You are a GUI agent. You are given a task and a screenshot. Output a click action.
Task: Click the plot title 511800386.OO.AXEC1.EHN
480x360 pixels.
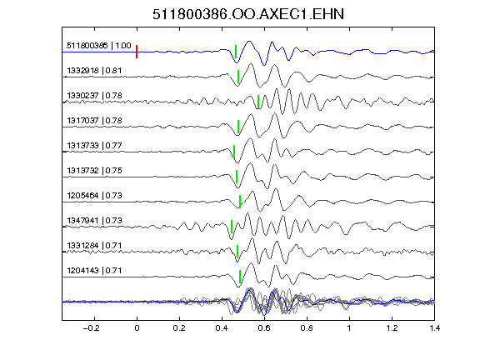click(248, 14)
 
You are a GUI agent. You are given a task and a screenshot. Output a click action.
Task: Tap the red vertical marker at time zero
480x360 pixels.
click(137, 52)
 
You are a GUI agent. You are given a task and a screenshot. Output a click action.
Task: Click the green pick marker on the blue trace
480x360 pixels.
click(236, 52)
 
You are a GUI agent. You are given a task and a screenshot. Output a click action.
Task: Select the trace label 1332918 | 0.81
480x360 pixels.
click(94, 71)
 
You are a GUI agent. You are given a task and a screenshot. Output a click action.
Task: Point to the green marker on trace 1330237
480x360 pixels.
click(258, 102)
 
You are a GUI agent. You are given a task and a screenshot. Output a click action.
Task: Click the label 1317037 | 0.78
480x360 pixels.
click(94, 121)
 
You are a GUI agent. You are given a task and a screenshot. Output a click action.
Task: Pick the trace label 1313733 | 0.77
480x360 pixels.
click(94, 146)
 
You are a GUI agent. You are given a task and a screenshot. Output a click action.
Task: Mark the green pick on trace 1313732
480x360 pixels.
click(237, 177)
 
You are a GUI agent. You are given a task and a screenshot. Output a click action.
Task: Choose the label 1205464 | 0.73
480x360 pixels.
click(94, 196)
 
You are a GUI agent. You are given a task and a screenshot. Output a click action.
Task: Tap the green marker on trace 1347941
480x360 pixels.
click(232, 227)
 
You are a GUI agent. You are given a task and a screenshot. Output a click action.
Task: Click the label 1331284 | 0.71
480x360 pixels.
click(94, 246)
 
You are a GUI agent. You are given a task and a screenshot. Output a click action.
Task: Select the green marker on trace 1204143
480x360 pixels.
click(240, 277)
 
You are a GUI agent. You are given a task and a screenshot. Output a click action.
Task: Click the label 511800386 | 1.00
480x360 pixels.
click(99, 46)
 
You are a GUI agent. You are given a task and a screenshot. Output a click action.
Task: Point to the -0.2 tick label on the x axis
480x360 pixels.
click(91, 328)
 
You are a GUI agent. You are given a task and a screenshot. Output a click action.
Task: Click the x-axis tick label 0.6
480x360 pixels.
click(264, 328)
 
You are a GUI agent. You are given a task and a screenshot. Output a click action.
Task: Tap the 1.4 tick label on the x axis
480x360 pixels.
click(434, 328)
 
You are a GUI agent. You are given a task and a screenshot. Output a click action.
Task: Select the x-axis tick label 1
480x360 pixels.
click(349, 328)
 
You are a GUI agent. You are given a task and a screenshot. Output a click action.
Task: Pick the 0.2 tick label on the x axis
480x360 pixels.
click(179, 328)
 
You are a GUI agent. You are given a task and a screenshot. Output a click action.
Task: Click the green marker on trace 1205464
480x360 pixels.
click(240, 202)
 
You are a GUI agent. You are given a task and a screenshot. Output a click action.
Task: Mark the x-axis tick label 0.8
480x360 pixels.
click(307, 328)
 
